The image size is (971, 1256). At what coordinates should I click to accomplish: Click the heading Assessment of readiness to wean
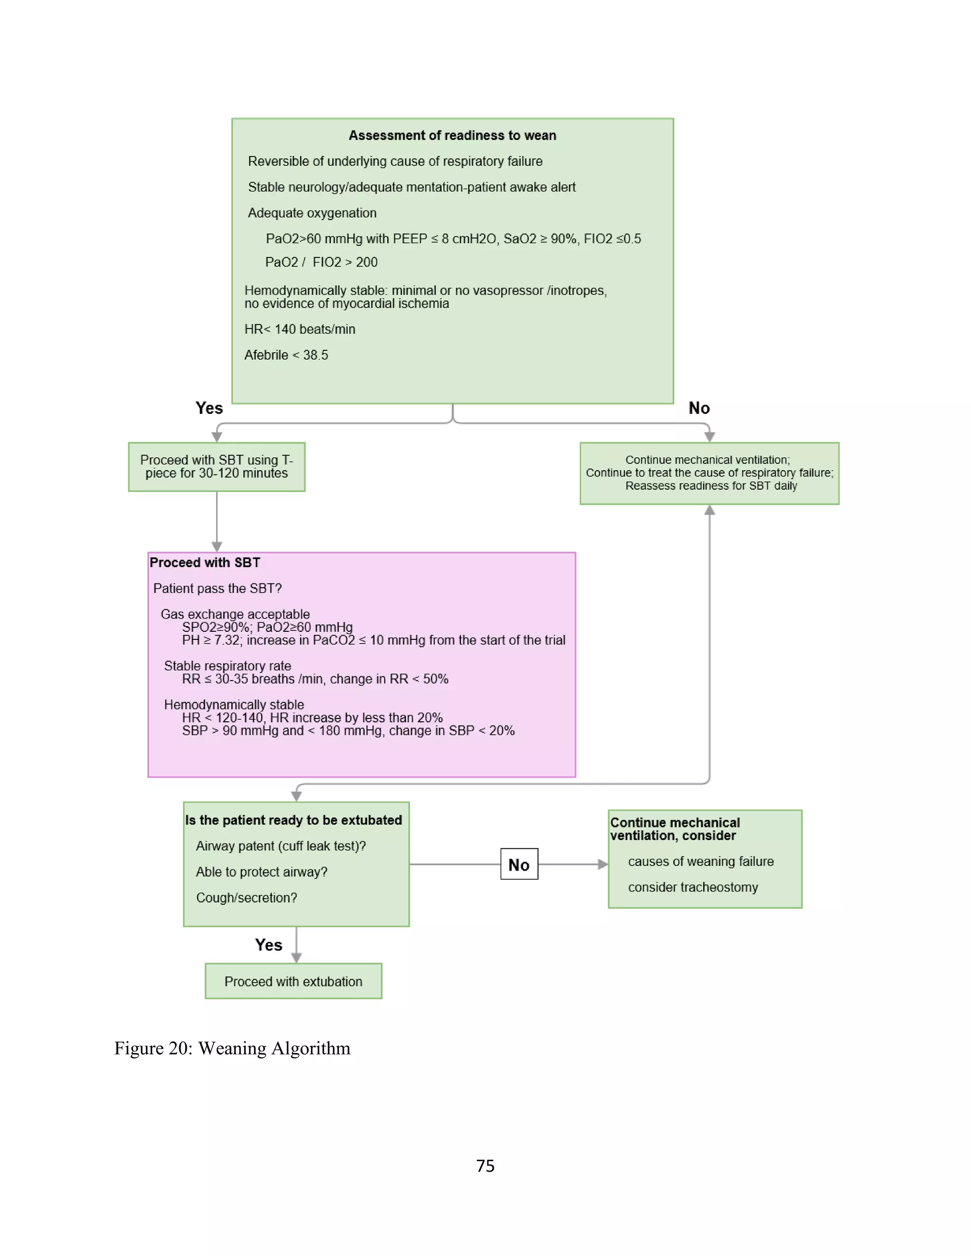pyautogui.click(x=452, y=135)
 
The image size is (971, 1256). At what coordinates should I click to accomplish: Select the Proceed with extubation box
pyautogui.click(x=293, y=981)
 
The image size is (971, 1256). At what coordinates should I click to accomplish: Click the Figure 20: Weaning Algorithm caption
pyautogui.click(x=232, y=1048)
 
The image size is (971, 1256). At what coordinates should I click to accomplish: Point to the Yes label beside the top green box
pyautogui.click(x=209, y=408)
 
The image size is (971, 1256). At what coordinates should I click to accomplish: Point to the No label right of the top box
pyautogui.click(x=699, y=408)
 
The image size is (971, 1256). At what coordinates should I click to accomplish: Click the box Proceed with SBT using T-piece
pyautogui.click(x=216, y=466)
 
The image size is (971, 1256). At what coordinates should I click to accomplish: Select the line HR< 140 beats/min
pyautogui.click(x=300, y=329)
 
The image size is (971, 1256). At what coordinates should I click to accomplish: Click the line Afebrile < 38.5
pyautogui.click(x=286, y=355)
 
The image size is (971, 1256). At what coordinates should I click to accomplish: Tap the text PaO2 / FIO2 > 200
pyautogui.click(x=321, y=262)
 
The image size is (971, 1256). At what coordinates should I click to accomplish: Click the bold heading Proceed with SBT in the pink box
pyautogui.click(x=205, y=563)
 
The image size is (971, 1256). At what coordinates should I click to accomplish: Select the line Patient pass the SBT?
pyautogui.click(x=218, y=588)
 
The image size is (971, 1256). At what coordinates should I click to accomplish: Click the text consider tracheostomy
pyautogui.click(x=693, y=887)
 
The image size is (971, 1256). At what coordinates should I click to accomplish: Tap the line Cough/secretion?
pyautogui.click(x=246, y=897)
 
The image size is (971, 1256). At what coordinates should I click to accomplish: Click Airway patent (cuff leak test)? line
pyautogui.click(x=281, y=846)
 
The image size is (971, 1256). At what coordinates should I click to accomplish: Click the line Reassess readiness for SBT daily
pyautogui.click(x=711, y=486)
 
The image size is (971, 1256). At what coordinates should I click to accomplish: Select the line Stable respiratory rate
pyautogui.click(x=227, y=665)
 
